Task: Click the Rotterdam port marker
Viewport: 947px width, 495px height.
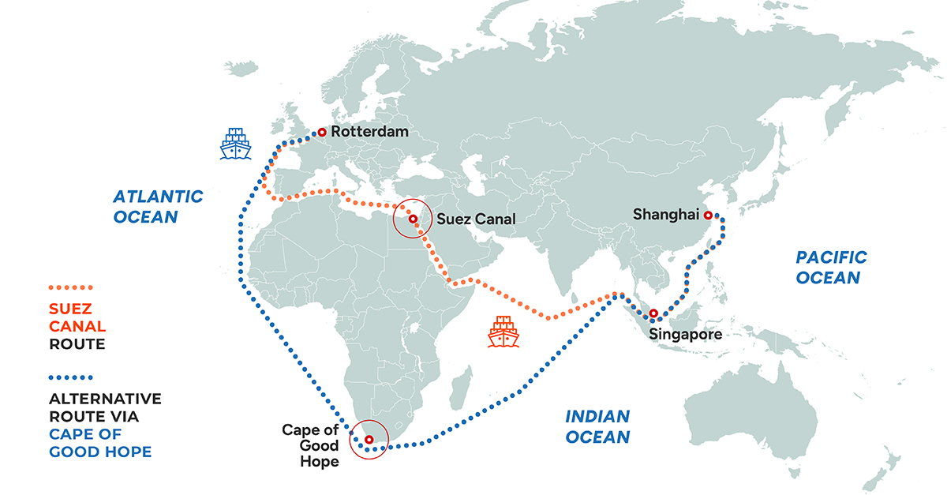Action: [x=321, y=133]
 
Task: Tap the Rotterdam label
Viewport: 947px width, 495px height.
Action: [x=370, y=132]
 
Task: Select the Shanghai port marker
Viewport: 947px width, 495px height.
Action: [x=708, y=215]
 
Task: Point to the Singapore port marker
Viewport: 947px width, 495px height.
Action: [x=653, y=313]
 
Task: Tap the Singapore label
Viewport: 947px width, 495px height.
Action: [x=685, y=335]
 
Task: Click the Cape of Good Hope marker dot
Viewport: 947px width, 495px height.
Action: [x=369, y=439]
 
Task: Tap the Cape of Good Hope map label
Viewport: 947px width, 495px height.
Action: [x=310, y=445]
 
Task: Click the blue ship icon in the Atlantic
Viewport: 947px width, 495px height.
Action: [x=235, y=144]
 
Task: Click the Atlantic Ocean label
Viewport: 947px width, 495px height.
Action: [x=158, y=205]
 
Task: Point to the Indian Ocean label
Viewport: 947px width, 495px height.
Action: [x=597, y=426]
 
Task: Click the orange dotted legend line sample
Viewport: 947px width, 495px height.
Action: [x=71, y=287]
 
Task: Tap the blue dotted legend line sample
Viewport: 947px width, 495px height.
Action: [x=71, y=377]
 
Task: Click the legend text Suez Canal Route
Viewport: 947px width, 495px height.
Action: [x=77, y=326]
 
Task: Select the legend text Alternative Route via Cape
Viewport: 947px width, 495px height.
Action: [x=105, y=425]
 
